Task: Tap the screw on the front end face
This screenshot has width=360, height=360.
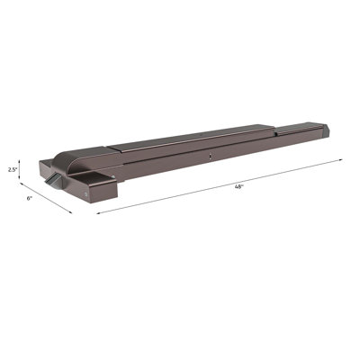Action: pyautogui.click(x=84, y=191)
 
